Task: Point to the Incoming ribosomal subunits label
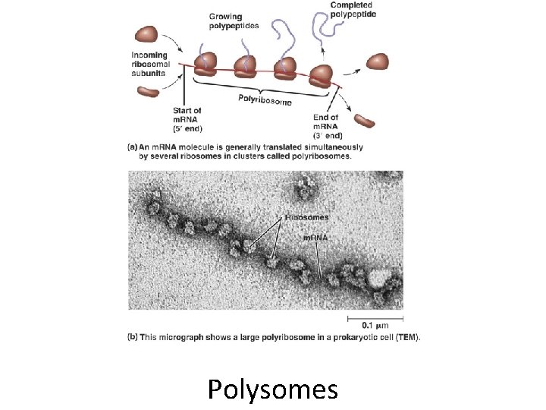(154, 64)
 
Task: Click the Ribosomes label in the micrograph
(307, 217)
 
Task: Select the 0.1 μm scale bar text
(375, 326)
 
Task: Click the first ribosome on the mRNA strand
(207, 66)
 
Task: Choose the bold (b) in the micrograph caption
(132, 337)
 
